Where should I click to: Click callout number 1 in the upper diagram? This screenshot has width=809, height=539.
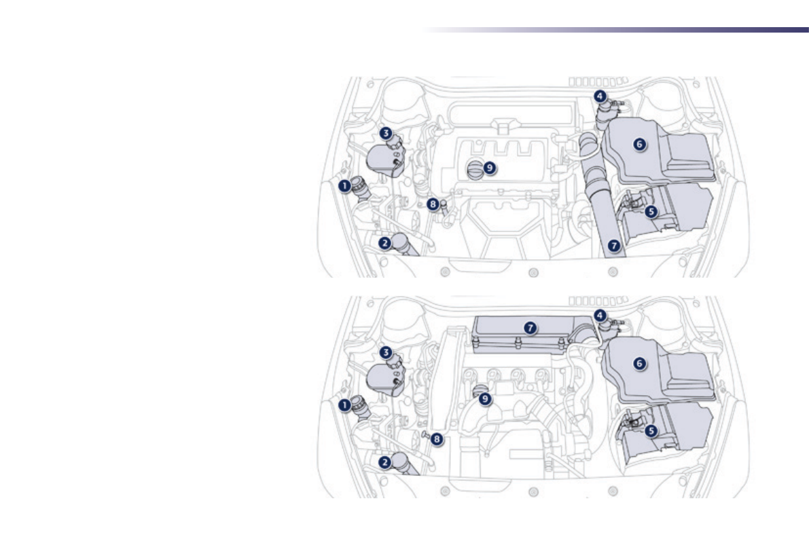click(x=344, y=186)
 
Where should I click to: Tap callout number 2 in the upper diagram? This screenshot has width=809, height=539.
click(x=384, y=243)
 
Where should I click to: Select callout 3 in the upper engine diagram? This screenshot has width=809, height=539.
click(x=386, y=134)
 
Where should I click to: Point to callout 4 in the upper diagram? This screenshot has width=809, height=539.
click(x=600, y=96)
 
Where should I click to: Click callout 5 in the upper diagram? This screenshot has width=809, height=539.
click(x=651, y=212)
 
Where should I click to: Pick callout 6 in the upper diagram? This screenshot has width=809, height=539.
click(x=640, y=145)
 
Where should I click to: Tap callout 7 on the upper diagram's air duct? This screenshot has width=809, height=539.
click(x=614, y=246)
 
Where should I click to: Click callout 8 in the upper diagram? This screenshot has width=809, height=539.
click(x=433, y=204)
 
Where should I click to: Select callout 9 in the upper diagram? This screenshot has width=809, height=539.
click(x=489, y=168)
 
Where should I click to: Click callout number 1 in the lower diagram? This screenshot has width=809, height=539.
click(x=344, y=405)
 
